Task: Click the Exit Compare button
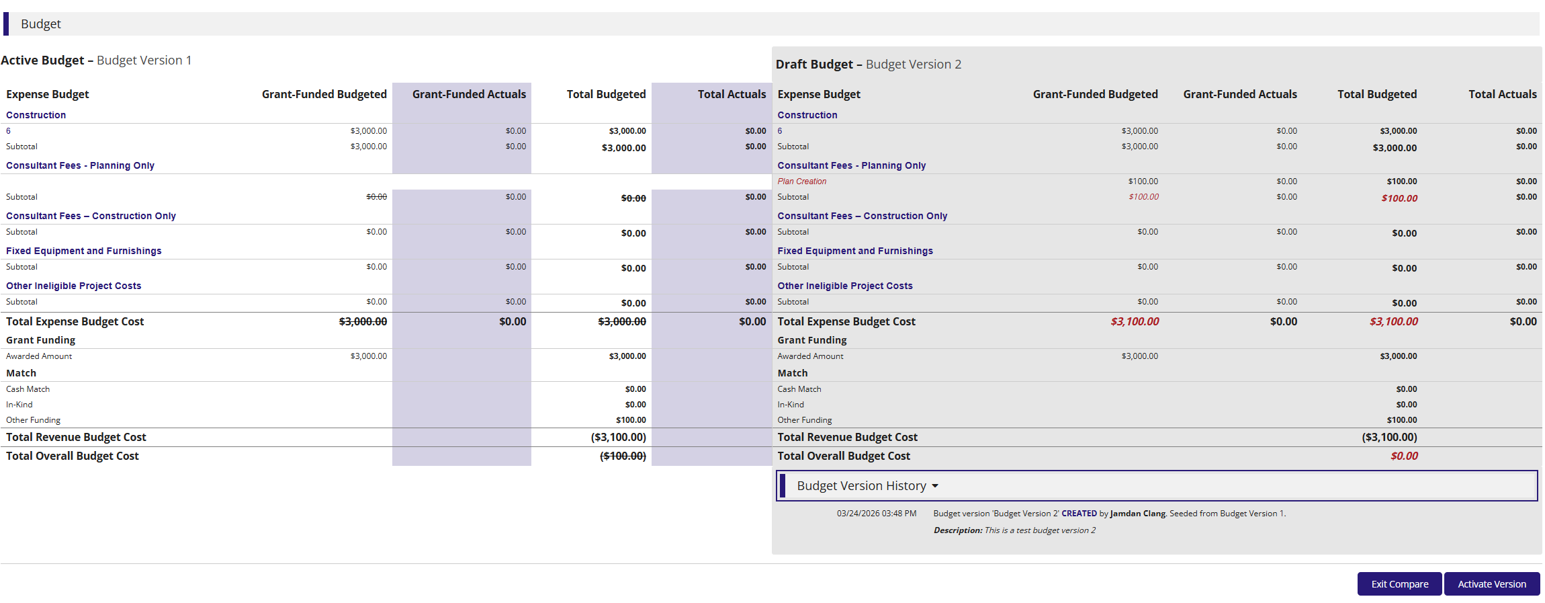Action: (x=1399, y=584)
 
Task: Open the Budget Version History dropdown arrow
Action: (x=935, y=486)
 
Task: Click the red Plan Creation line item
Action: (x=801, y=182)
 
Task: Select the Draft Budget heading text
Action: (x=868, y=65)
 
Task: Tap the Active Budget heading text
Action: (x=96, y=61)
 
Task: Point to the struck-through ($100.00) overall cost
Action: (x=623, y=456)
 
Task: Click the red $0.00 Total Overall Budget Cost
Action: (x=1404, y=456)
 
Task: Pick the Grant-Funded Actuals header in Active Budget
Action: (x=469, y=94)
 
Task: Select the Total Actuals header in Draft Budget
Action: (x=1502, y=94)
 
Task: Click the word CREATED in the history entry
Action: (x=1079, y=514)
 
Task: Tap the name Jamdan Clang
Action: (x=1138, y=514)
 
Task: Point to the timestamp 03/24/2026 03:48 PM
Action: (x=876, y=514)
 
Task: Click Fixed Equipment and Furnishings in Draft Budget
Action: (x=855, y=251)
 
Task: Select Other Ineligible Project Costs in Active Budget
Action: (x=74, y=286)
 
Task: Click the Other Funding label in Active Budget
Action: (x=33, y=420)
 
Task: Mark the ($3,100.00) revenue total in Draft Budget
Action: (x=1389, y=437)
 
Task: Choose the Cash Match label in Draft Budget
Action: (x=799, y=389)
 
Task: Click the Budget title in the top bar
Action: (x=41, y=24)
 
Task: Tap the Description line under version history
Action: (x=1014, y=530)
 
